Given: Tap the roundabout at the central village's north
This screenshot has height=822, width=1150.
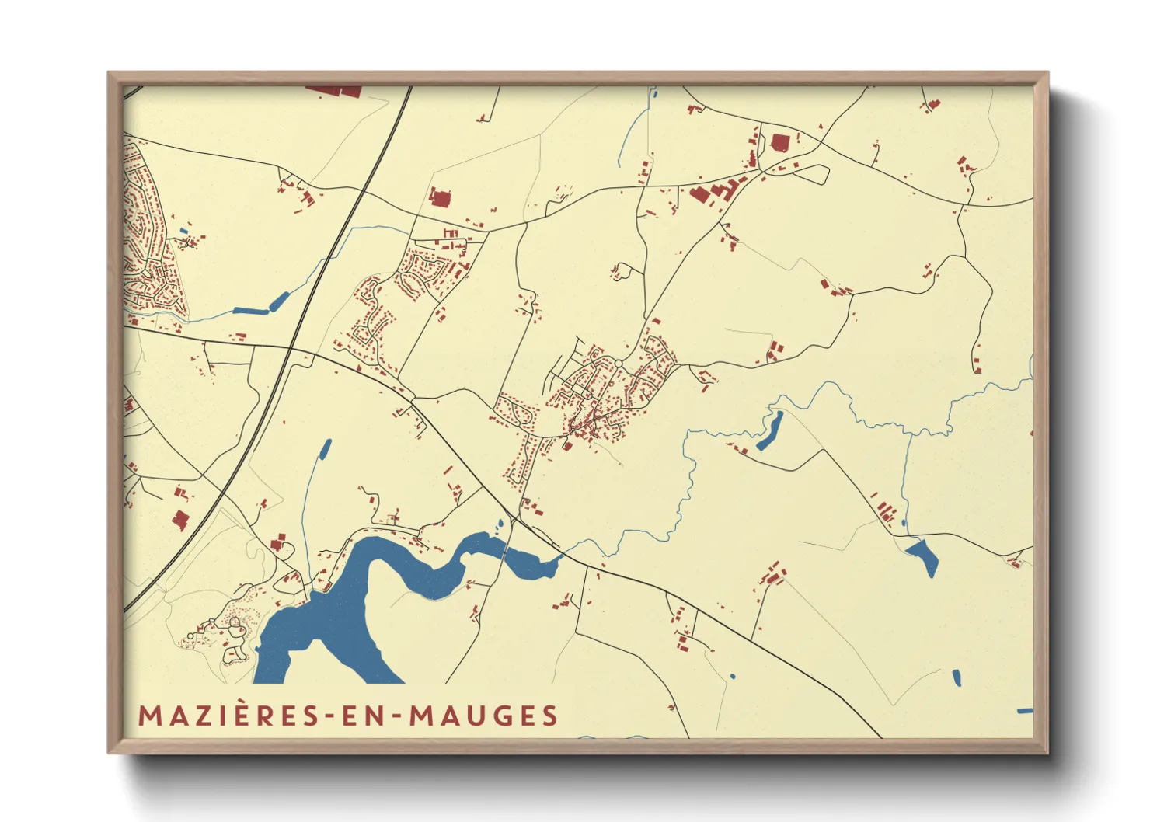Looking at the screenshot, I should pos(619,364).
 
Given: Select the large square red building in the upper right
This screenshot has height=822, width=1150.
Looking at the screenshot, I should pos(779,143).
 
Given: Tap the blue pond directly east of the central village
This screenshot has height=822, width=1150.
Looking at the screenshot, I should pos(770,432).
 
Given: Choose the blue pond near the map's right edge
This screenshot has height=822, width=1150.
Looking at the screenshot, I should pos(922,556).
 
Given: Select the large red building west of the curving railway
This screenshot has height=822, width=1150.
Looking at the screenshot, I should pos(180,520).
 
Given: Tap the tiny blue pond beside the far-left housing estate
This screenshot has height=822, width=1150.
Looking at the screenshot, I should pos(183,230).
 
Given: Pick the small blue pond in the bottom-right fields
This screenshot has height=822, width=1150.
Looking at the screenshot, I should pos(957,677).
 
